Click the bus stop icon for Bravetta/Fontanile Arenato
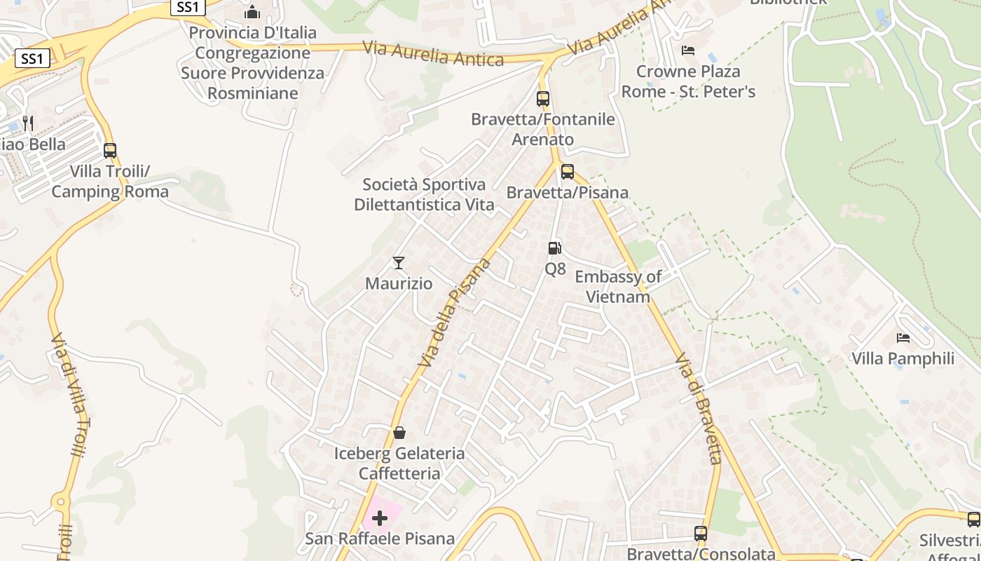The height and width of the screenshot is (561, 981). coord(543,99)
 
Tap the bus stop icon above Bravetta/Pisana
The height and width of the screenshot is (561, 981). coord(568,172)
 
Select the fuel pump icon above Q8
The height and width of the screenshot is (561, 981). coord(554,248)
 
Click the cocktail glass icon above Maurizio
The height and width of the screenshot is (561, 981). coord(399,263)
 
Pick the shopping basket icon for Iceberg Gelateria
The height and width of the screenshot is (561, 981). coord(399,433)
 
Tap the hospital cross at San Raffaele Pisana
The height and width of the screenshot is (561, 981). coord(380,518)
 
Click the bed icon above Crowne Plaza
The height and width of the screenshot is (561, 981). coord(688,50)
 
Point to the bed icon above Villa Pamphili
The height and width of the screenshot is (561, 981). coord(903,338)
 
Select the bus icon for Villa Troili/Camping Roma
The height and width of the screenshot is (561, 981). coord(110,150)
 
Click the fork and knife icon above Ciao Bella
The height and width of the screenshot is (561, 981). coord(28,123)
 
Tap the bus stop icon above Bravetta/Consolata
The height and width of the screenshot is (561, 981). coord(701,534)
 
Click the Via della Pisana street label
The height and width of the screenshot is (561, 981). coord(455,313)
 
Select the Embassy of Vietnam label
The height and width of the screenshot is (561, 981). coord(618,287)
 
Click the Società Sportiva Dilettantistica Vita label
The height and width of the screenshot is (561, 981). coord(424,195)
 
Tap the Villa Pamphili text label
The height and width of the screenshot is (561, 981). coord(903,359)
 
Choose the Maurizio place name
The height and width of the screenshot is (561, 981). coord(399,284)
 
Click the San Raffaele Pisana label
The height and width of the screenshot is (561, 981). coord(380,539)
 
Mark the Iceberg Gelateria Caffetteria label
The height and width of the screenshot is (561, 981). coord(399,464)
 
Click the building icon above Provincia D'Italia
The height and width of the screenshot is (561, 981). coord(252,12)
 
